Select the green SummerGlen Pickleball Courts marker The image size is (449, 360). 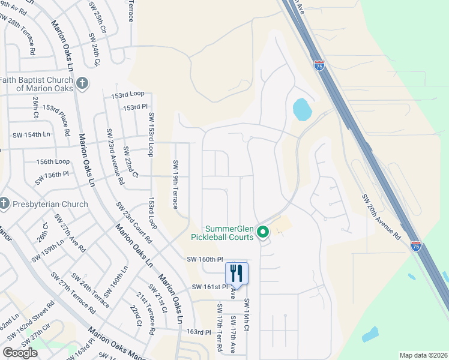click(262, 231)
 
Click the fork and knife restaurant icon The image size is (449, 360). click(237, 274)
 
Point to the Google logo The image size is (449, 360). click(20, 353)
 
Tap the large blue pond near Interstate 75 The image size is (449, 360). click(301, 109)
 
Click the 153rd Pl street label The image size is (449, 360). click(135, 107)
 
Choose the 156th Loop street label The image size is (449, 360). click(53, 162)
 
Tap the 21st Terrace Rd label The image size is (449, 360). click(146, 314)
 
